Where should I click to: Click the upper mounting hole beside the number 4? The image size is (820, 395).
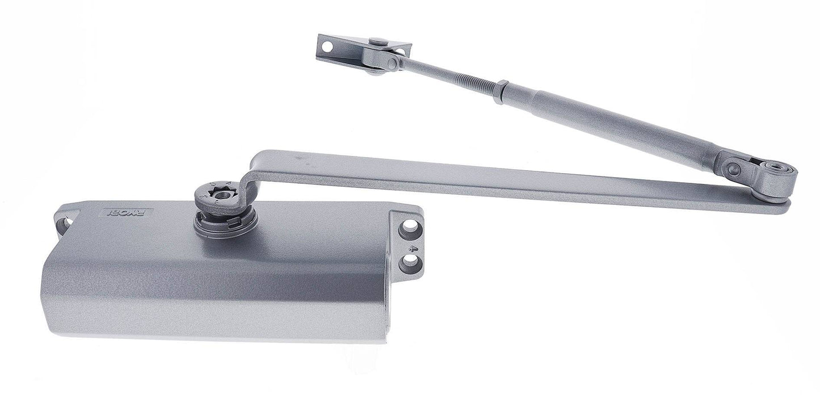click(407, 231)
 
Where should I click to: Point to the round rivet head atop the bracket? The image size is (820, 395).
click(378, 41)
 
